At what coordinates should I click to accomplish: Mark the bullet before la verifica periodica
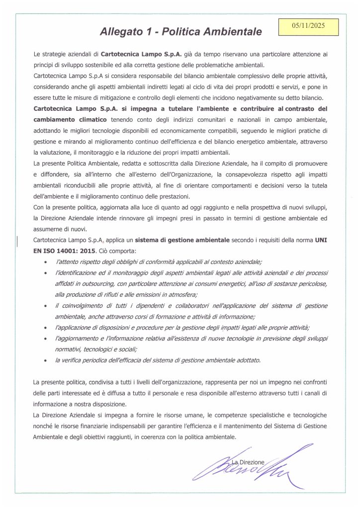(x=46, y=360)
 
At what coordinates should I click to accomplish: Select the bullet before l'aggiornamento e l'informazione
(x=46, y=338)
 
